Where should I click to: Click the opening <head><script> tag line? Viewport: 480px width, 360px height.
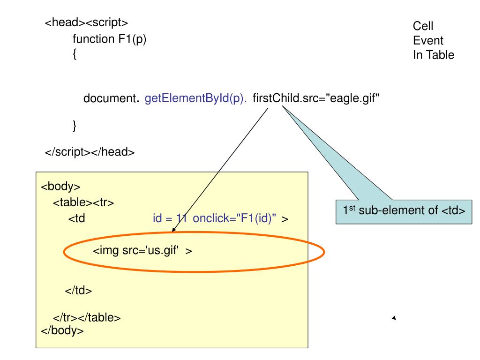click(86, 23)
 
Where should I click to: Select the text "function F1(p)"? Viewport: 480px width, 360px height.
click(110, 39)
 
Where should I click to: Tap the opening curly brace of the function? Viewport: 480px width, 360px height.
click(75, 55)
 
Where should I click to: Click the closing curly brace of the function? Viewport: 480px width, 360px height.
click(75, 125)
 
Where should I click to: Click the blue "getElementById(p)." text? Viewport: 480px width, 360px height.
click(196, 99)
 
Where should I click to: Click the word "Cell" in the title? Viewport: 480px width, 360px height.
click(423, 26)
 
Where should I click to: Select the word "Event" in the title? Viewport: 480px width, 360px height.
click(427, 40)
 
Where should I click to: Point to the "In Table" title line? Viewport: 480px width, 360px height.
click(433, 55)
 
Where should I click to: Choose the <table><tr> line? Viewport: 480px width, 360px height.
click(83, 202)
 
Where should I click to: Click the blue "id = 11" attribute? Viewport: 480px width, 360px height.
click(170, 218)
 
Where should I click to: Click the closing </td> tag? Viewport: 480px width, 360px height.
click(78, 290)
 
